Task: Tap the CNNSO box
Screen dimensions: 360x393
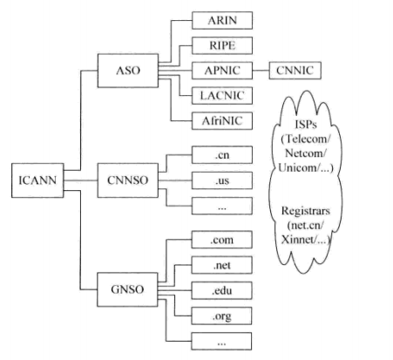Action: pyautogui.click(x=127, y=180)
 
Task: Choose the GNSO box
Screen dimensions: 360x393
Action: pyautogui.click(x=127, y=285)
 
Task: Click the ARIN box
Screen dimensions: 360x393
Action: pyautogui.click(x=221, y=18)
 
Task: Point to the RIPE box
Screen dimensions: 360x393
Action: pyautogui.click(x=221, y=43)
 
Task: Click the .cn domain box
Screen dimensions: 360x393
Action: pyautogui.click(x=221, y=156)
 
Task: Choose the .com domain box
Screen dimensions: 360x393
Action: pyautogui.click(x=221, y=237)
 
